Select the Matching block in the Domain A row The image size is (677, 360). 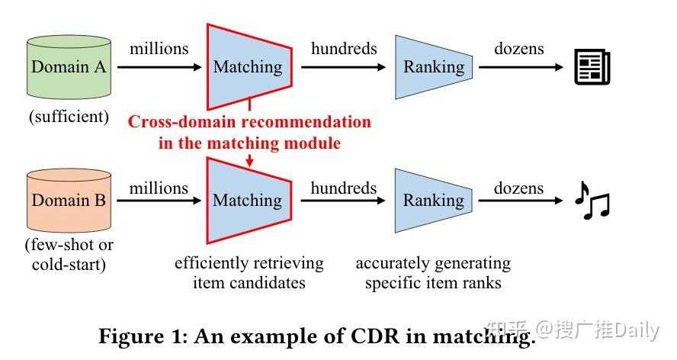[248, 67]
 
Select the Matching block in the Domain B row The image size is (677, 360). [248, 201]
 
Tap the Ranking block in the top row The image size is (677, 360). [432, 67]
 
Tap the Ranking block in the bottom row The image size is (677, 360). [432, 201]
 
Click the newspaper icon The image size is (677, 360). [592, 67]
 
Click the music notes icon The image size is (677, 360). [592, 201]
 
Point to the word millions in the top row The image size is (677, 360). [159, 49]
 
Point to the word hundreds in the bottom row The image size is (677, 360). [343, 188]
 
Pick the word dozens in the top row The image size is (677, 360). [518, 49]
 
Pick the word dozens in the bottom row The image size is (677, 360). [518, 188]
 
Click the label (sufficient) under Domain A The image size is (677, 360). [69, 116]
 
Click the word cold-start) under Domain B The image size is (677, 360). [69, 265]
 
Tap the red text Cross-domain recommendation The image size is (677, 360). [249, 122]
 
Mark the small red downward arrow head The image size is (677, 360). [249, 161]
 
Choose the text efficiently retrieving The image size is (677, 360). [249, 263]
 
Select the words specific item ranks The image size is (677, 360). [433, 283]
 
